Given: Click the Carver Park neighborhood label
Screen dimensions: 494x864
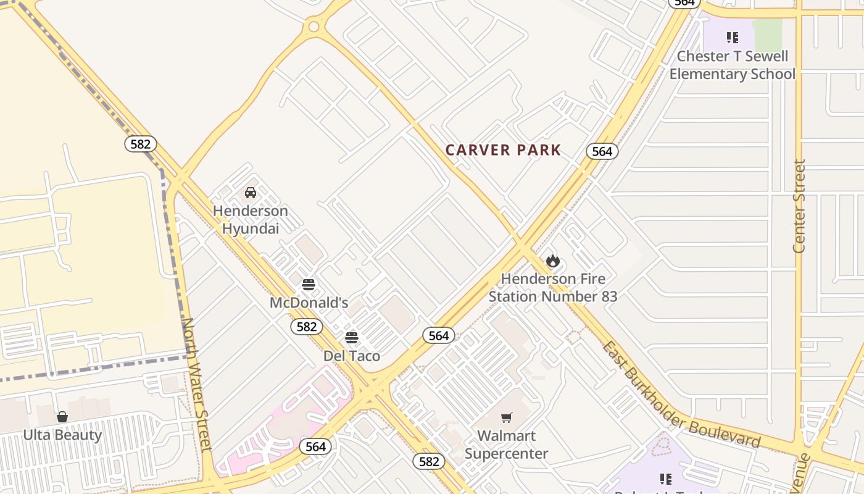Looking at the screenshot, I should [503, 150].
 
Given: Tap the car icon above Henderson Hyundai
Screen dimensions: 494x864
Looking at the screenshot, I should [251, 193].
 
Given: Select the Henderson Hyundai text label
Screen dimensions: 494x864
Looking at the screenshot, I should [250, 220].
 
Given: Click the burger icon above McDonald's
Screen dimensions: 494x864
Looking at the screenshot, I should [309, 285].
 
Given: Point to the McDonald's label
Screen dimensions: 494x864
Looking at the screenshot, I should [309, 303].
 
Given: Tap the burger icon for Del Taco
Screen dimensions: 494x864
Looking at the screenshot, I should [352, 338].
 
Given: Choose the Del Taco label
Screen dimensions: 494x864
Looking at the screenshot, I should [352, 356].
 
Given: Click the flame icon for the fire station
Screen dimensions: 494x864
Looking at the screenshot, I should [553, 261].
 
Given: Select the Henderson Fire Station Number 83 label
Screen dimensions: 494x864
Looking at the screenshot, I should [553, 288].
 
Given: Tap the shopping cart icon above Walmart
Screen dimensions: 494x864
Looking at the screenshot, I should [507, 417].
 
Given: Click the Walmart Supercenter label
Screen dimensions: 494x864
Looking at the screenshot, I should [507, 445].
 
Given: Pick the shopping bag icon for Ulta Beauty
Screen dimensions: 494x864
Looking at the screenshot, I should [62, 417].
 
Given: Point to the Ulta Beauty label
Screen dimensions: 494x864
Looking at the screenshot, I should [62, 435].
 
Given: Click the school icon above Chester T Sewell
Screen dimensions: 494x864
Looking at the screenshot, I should [733, 38].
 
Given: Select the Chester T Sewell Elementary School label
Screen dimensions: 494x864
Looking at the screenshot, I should [733, 65].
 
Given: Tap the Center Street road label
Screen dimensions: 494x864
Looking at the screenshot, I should [799, 206].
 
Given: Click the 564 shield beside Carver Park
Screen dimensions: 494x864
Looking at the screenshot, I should [602, 151].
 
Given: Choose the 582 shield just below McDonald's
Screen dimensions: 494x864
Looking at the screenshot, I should [307, 327].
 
